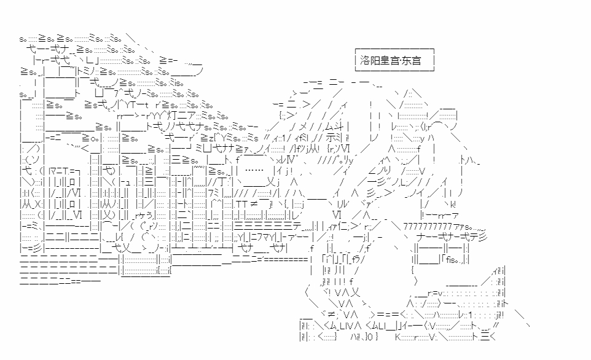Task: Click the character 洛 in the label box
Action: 366,61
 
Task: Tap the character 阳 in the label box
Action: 375,61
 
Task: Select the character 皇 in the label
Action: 385,61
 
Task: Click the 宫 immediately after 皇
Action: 395,61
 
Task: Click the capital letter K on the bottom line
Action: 397,337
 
